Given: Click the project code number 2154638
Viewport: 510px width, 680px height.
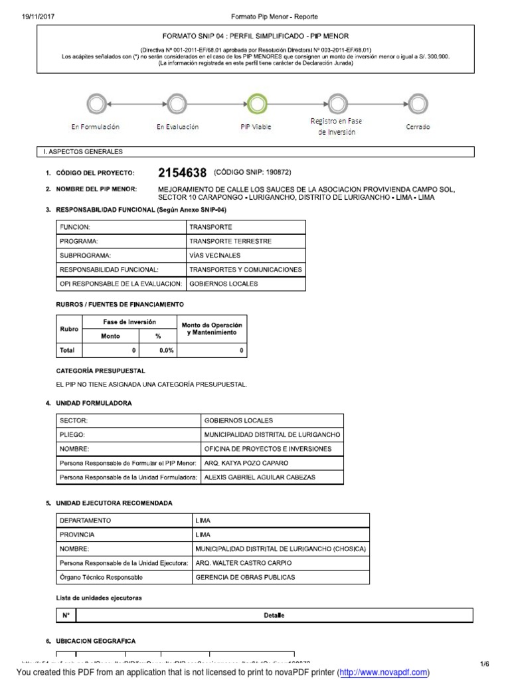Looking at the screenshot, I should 183,173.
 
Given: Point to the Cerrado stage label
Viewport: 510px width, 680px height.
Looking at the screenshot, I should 418,126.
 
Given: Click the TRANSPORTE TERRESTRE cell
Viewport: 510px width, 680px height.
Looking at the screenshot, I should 230,241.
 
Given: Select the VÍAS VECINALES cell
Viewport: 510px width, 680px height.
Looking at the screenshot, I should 215,255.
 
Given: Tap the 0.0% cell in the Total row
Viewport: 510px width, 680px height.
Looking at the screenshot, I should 158,350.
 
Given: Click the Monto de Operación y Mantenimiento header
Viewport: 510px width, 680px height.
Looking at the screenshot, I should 209,327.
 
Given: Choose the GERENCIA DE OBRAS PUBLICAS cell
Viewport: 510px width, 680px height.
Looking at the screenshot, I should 245,577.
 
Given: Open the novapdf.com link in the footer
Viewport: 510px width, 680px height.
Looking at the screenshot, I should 383,673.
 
